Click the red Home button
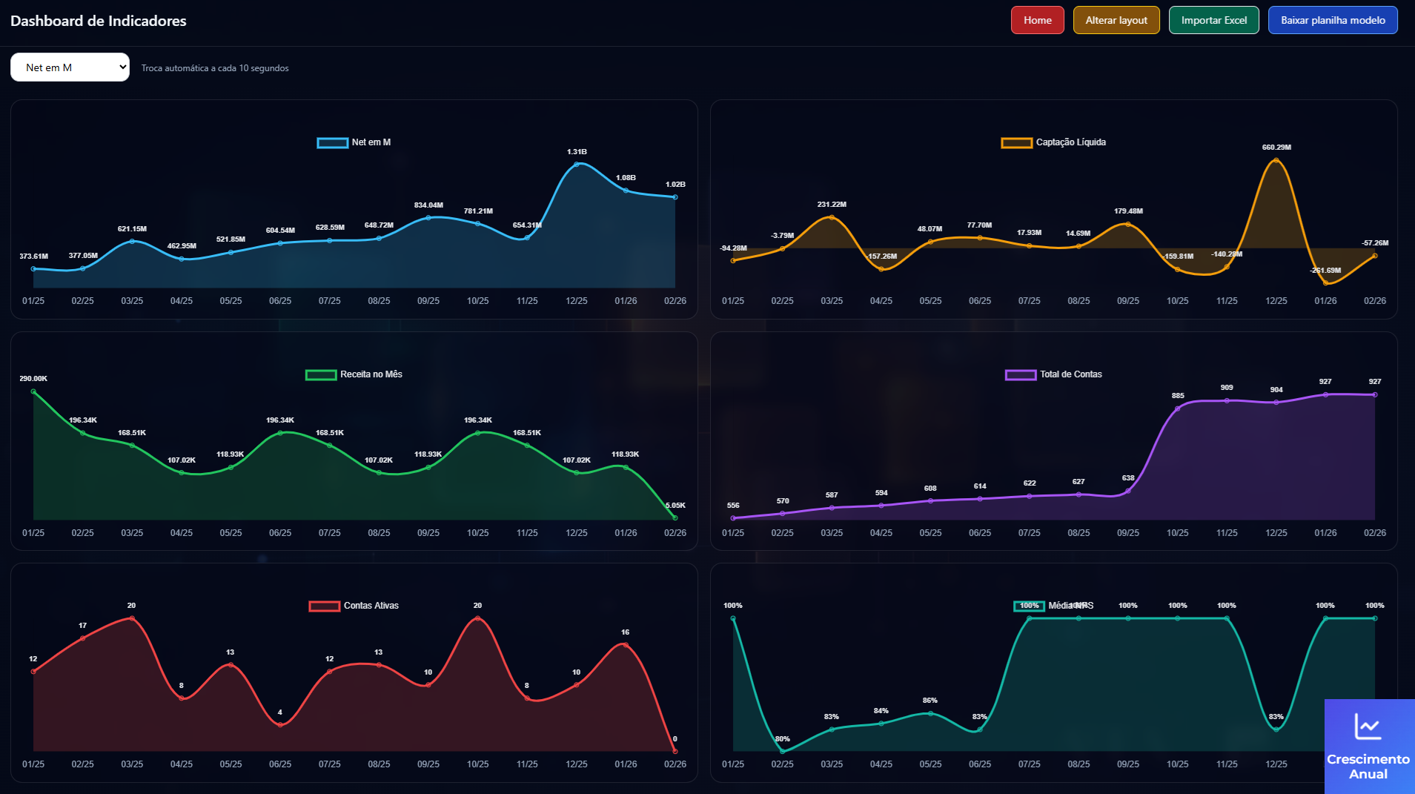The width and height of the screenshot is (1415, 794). [1037, 20]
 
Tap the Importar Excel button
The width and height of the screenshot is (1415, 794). [1213, 20]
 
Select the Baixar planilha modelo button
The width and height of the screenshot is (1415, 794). [1332, 20]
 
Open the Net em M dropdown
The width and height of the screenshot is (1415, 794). [70, 67]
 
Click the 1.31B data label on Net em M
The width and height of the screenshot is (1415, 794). [577, 152]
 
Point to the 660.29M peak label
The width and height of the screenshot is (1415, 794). [1276, 148]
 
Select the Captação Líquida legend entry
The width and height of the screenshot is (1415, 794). [1054, 142]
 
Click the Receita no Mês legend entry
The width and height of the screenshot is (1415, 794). [354, 374]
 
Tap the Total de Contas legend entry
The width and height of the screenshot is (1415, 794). [1054, 374]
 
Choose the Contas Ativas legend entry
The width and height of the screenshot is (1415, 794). [354, 606]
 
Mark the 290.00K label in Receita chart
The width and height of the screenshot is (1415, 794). [33, 379]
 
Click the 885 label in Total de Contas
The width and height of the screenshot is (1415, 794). [1178, 396]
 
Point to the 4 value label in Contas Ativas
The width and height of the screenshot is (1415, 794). [280, 712]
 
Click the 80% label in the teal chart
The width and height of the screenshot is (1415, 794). [783, 739]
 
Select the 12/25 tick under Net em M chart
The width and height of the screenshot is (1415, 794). [577, 301]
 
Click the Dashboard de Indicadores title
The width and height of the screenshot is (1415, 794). [99, 21]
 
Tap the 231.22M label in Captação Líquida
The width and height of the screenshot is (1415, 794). [832, 205]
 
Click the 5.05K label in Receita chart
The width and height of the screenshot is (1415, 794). [675, 506]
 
